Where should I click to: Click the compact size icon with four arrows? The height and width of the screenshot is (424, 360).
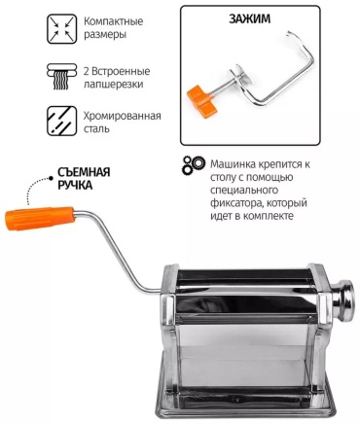tap(62, 28)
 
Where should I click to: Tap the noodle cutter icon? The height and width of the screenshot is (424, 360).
tap(62, 77)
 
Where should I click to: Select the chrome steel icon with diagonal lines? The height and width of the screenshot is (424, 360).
tap(62, 122)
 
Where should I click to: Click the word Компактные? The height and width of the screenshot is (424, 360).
tap(114, 21)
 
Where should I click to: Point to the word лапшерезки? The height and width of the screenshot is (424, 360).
tap(114, 85)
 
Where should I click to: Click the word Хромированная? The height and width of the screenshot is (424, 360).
tap(123, 116)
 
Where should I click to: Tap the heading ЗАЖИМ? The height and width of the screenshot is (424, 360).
tap(249, 18)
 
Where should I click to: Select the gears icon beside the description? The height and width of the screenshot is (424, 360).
tap(194, 165)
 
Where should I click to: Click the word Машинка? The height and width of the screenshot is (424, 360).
tap(233, 164)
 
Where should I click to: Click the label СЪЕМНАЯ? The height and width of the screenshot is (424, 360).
tap(84, 172)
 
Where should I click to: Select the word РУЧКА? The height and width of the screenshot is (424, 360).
tap(75, 185)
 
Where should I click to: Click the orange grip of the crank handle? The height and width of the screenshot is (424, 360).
tap(40, 218)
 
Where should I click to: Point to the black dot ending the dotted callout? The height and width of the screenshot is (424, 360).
tap(51, 178)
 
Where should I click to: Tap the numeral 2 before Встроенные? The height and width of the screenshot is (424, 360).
tap(87, 71)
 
